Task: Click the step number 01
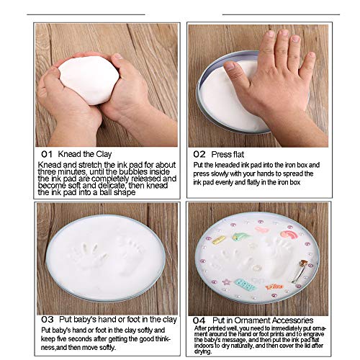(x=47, y=154)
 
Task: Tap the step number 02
(x=199, y=154)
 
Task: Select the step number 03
(x=48, y=320)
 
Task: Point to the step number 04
(x=199, y=320)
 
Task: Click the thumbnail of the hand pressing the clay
(x=258, y=86)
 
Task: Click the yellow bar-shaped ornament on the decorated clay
(x=218, y=240)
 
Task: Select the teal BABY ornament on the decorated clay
(x=244, y=285)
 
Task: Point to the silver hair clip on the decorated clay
(x=300, y=270)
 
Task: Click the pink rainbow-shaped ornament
(x=289, y=234)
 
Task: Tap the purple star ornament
(x=226, y=282)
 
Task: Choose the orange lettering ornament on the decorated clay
(x=274, y=287)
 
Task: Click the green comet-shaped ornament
(x=240, y=236)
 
